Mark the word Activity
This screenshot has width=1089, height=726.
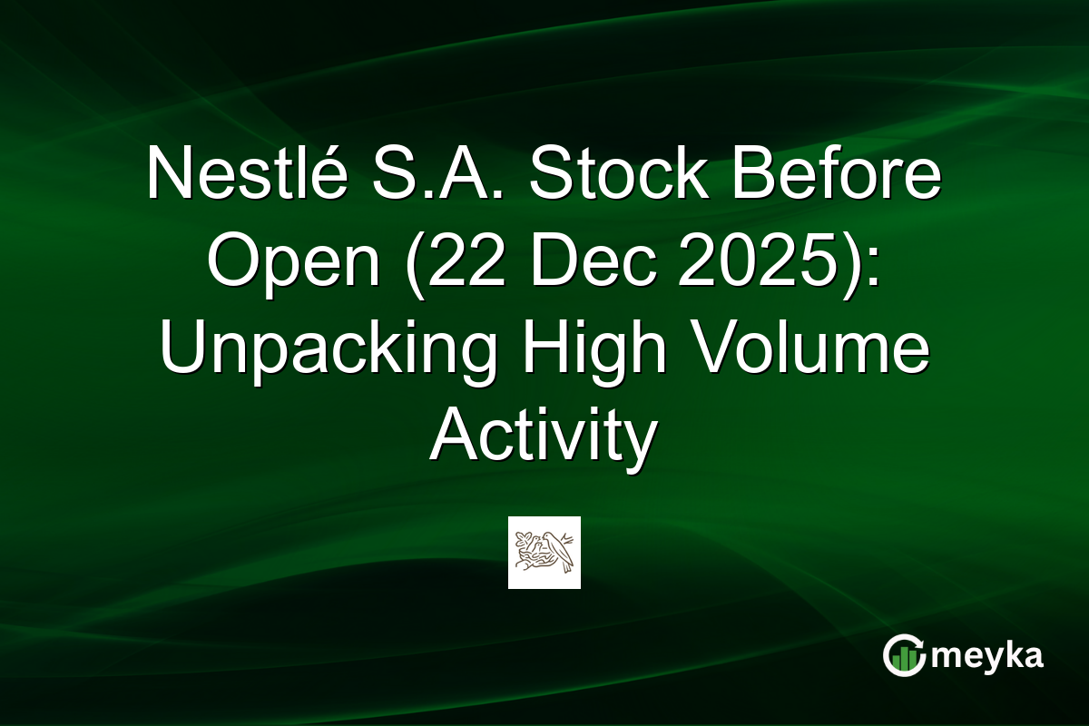pyautogui.click(x=543, y=437)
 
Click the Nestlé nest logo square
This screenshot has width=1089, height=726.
pyautogui.click(x=544, y=553)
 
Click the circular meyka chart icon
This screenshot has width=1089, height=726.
pyautogui.click(x=905, y=655)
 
